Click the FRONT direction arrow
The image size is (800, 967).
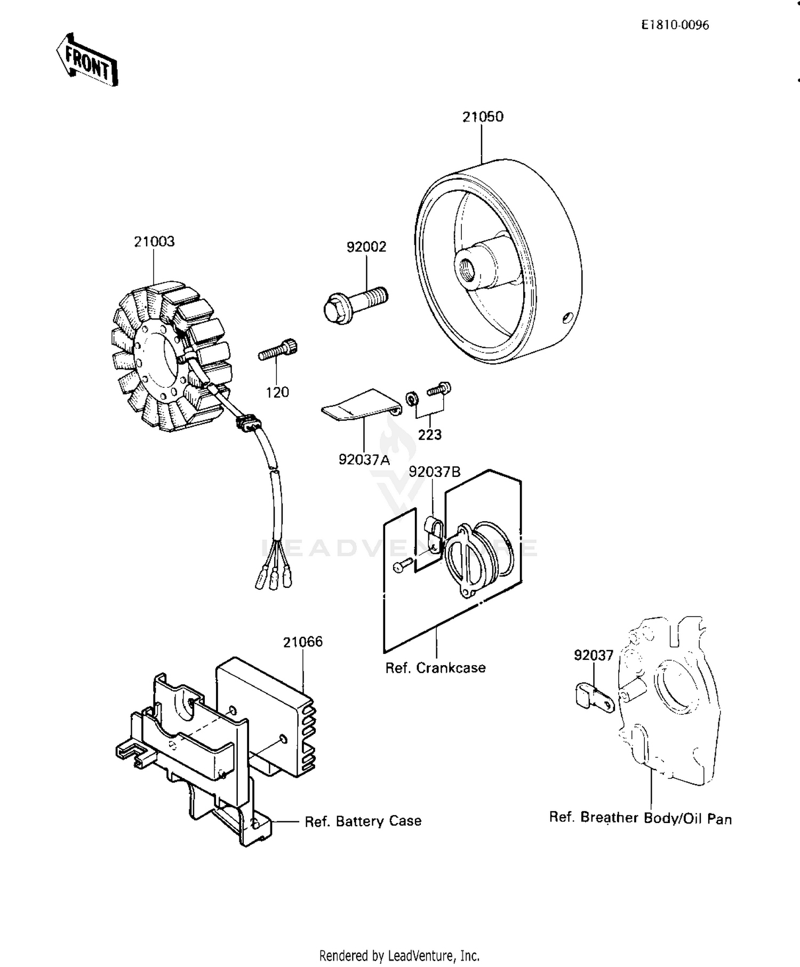tap(87, 60)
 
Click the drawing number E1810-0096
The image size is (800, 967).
tap(675, 25)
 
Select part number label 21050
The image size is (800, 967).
tap(482, 117)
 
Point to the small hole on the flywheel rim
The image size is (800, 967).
tap(567, 318)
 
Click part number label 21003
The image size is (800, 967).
tap(154, 242)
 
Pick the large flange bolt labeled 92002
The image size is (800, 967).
tap(355, 302)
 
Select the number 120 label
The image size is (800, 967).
tap(277, 393)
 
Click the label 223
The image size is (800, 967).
tap(429, 435)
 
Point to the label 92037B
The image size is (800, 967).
tap(434, 472)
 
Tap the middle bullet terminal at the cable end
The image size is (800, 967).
tap(274, 580)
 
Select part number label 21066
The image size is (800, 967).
tap(302, 642)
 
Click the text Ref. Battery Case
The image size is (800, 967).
tap(363, 821)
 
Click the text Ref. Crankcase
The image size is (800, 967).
tap(435, 668)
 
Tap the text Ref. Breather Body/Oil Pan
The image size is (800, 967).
tap(640, 818)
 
